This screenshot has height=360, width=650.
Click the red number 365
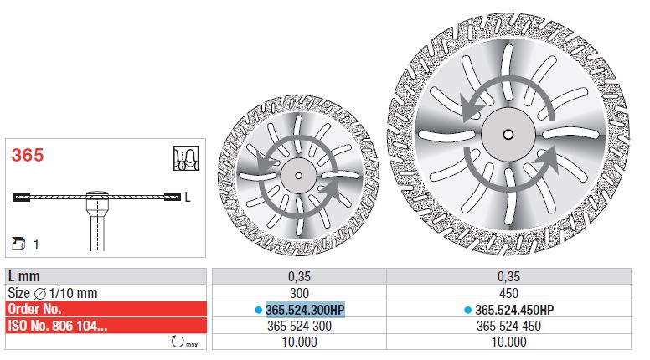[28, 156]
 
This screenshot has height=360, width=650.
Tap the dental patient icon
[186, 158]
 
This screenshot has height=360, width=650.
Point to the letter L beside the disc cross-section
[188, 197]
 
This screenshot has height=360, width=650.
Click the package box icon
[18, 244]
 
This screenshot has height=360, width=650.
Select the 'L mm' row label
[24, 276]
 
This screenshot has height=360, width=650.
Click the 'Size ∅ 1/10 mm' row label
[53, 293]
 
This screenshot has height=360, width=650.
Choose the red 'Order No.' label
[34, 309]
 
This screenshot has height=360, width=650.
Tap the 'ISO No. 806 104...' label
[58, 326]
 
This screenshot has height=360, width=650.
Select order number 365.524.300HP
[305, 310]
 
